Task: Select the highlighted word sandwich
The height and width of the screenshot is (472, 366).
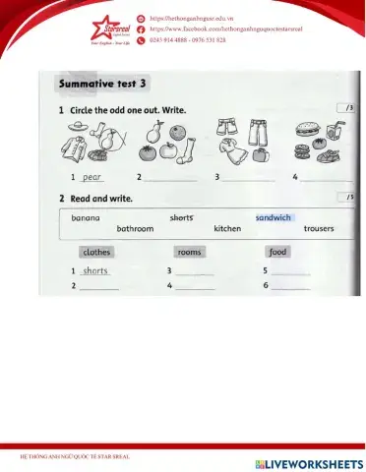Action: pos(274,217)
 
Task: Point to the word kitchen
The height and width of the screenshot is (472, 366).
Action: pos(227,229)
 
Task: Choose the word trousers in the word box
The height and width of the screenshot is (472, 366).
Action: pos(319,229)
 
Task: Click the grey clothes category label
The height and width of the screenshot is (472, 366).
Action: pos(96,252)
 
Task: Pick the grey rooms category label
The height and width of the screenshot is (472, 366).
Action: pos(189,252)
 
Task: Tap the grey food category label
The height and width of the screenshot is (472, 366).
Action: pos(277,252)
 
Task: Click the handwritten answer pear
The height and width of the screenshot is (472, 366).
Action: pos(91,178)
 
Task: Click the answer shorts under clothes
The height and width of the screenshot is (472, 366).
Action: pos(95,270)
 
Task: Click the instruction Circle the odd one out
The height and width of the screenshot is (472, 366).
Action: pos(128,109)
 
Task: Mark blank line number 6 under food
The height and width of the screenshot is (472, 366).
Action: pos(291,286)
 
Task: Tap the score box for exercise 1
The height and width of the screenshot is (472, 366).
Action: pos(344,107)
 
